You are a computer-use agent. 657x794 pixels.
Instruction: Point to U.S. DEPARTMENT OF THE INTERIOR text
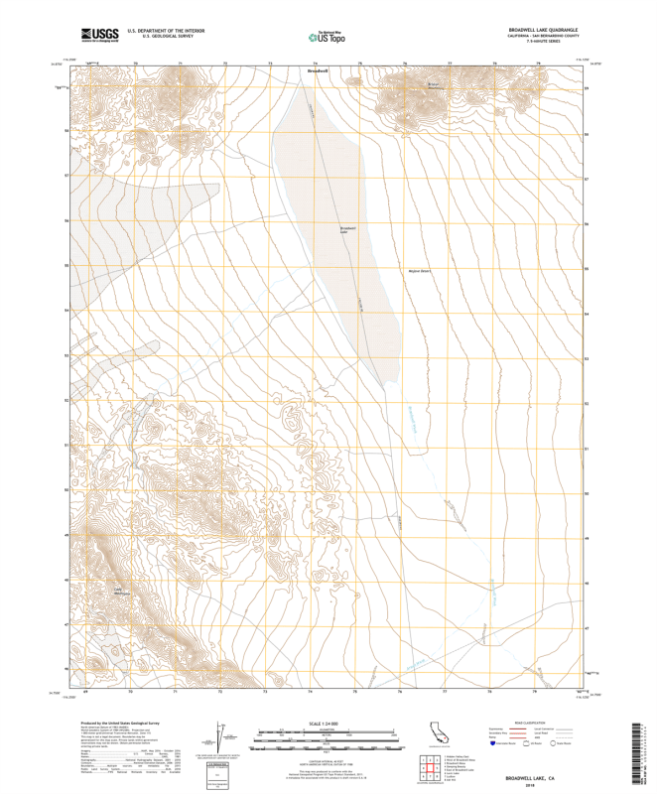click(159, 31)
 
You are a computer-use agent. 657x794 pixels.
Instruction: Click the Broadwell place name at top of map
click(317, 70)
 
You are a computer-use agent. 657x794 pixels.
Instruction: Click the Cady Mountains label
click(121, 593)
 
